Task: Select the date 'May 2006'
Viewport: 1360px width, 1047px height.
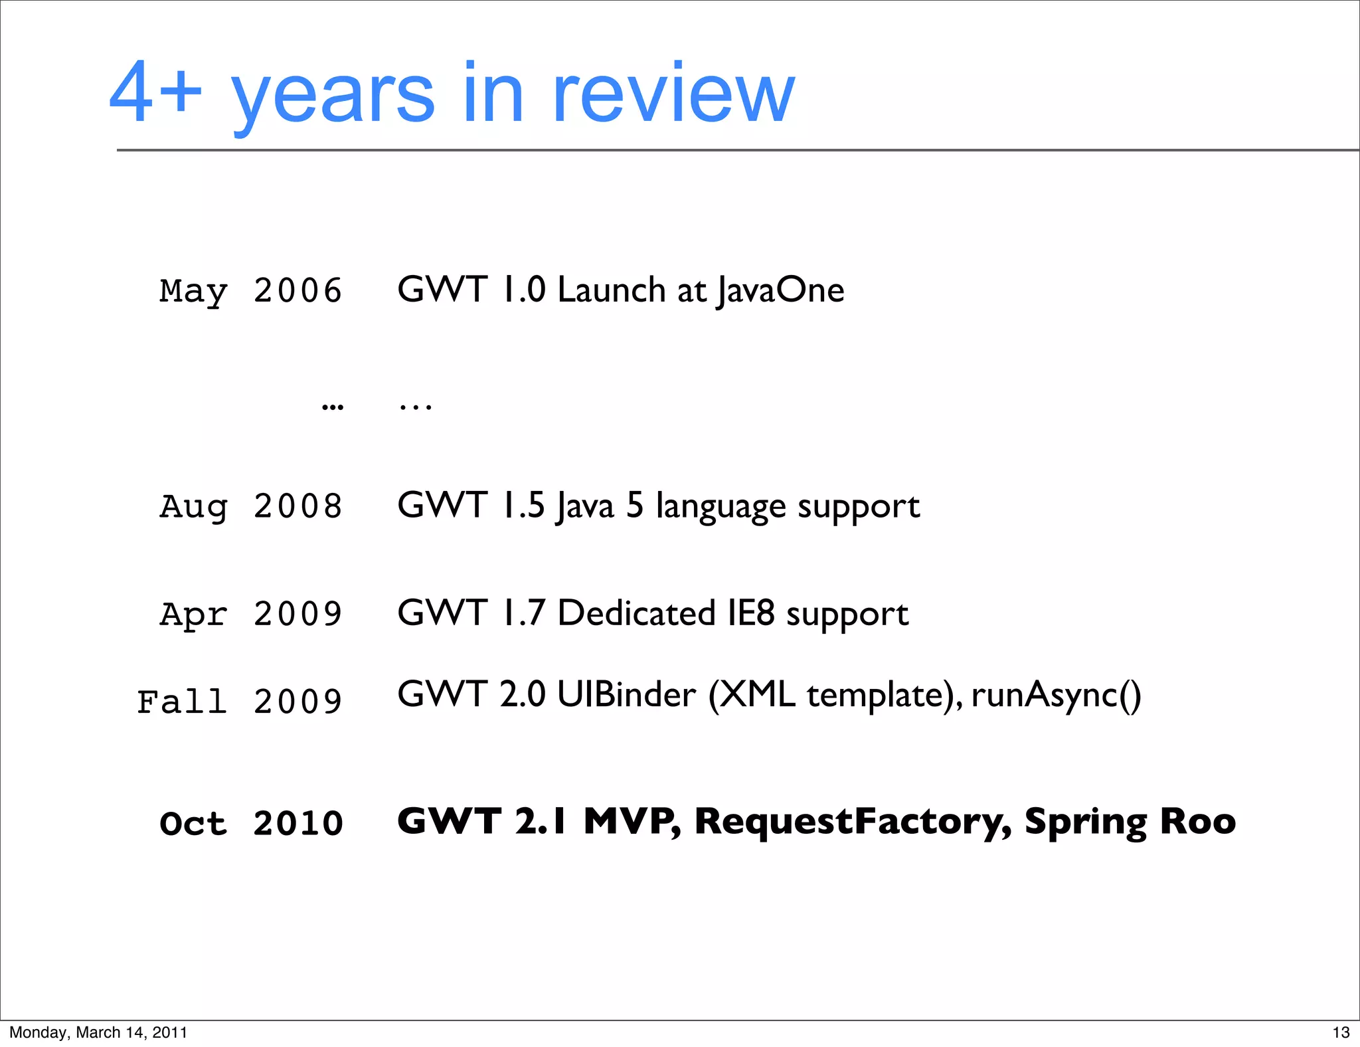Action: (250, 291)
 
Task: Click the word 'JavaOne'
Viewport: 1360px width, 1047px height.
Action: (781, 290)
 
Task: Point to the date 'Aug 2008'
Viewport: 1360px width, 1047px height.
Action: (250, 506)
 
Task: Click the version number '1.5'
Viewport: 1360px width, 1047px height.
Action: (524, 506)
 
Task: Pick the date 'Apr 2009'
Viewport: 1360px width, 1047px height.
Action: (250, 614)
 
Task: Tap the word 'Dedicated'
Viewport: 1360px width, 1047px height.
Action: (636, 613)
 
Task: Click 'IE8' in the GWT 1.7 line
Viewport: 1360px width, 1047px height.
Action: (751, 613)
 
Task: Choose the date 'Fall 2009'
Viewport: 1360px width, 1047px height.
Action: (239, 702)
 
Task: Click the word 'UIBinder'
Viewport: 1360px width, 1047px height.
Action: (626, 695)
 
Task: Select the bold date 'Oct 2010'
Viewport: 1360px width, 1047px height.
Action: (250, 824)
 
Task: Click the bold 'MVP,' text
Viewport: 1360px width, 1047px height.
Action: (632, 822)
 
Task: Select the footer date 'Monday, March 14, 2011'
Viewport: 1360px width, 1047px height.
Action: (98, 1032)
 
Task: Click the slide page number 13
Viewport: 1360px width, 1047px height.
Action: (1341, 1032)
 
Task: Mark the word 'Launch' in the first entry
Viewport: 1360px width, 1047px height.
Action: (611, 290)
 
